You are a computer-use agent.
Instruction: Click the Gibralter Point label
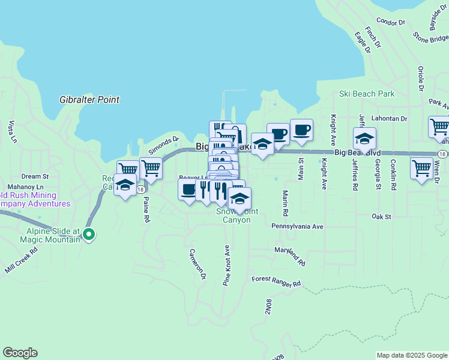point(89,100)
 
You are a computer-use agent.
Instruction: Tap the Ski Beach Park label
point(366,94)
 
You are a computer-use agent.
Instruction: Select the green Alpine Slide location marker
point(89,235)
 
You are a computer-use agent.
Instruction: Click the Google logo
point(20,353)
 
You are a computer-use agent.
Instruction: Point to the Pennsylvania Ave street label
point(297,227)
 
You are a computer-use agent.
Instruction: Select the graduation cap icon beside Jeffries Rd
point(364,139)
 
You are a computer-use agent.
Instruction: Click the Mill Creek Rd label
point(21,259)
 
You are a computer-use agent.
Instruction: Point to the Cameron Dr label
point(197,265)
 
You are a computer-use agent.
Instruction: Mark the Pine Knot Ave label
point(227,265)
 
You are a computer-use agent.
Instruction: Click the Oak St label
point(381,216)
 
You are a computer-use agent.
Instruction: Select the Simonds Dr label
point(160,143)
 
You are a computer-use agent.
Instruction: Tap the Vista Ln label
point(12,132)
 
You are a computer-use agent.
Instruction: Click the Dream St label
point(35,176)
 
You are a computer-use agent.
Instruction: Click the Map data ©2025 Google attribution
point(412,355)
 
